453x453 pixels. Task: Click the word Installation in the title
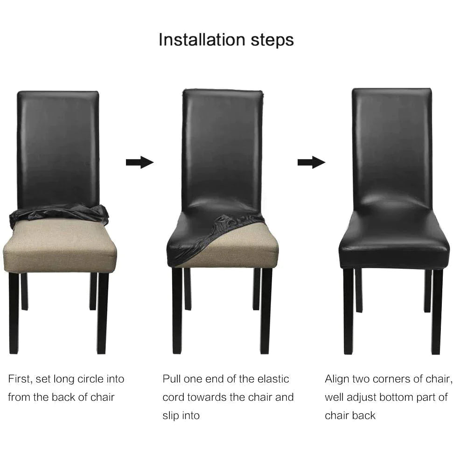coord(202,39)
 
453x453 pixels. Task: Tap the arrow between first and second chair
coord(139,162)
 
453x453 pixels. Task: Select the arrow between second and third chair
coord(311,162)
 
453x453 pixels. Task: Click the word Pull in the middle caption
coord(171,379)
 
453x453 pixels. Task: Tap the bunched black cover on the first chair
coord(59,214)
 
